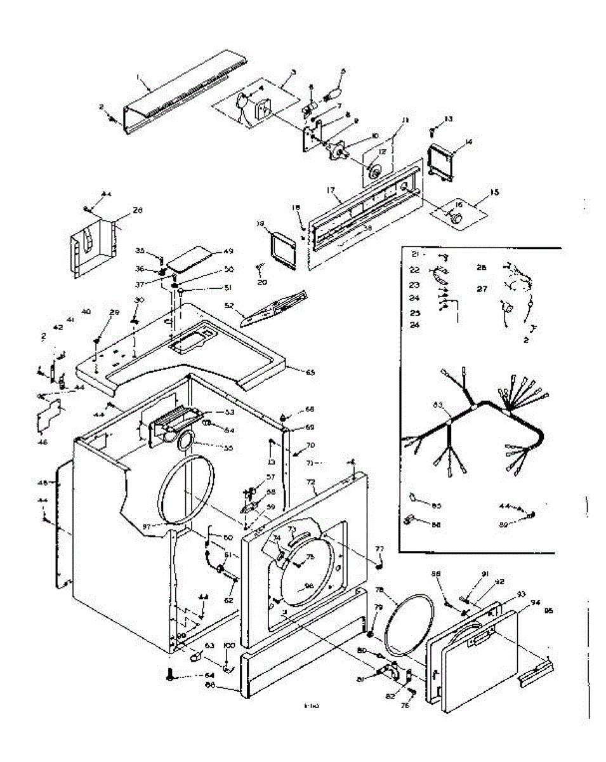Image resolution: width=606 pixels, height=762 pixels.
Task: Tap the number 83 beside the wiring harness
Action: (437, 404)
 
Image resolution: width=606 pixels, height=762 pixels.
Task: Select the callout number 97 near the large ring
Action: (147, 526)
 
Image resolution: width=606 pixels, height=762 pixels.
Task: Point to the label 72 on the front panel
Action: (310, 483)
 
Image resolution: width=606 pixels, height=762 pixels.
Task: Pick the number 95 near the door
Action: (548, 611)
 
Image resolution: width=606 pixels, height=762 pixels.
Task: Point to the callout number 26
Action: (138, 210)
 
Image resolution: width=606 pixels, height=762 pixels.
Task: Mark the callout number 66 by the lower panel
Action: (211, 685)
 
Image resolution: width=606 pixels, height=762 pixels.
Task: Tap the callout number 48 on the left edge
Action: (43, 483)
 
